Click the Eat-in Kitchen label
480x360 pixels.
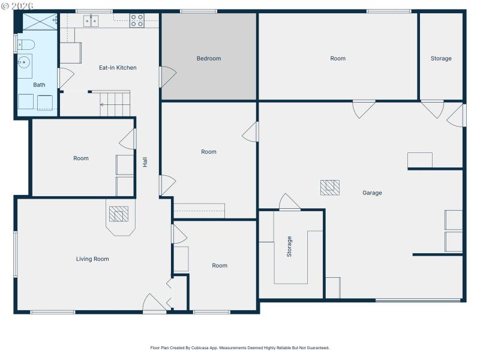pos(118,68)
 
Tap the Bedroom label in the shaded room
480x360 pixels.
pos(209,58)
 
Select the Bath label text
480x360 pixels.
pos(39,85)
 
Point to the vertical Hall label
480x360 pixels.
pos(145,162)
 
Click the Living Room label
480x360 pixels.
pos(92,259)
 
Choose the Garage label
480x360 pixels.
pos(372,193)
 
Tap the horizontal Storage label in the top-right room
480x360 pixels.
pos(441,58)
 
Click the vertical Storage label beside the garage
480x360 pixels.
pos(289,247)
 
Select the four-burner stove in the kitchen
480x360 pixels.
pos(137,21)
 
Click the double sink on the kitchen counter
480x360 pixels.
pos(92,21)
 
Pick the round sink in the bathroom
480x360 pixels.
pos(24,62)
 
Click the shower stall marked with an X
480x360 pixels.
pos(40,22)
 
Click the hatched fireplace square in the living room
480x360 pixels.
pos(118,214)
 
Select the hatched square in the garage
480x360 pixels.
pos(329,188)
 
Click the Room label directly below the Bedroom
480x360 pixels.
pos(209,152)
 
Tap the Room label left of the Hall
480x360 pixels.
pos(81,158)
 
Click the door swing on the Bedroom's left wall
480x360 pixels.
pos(167,76)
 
